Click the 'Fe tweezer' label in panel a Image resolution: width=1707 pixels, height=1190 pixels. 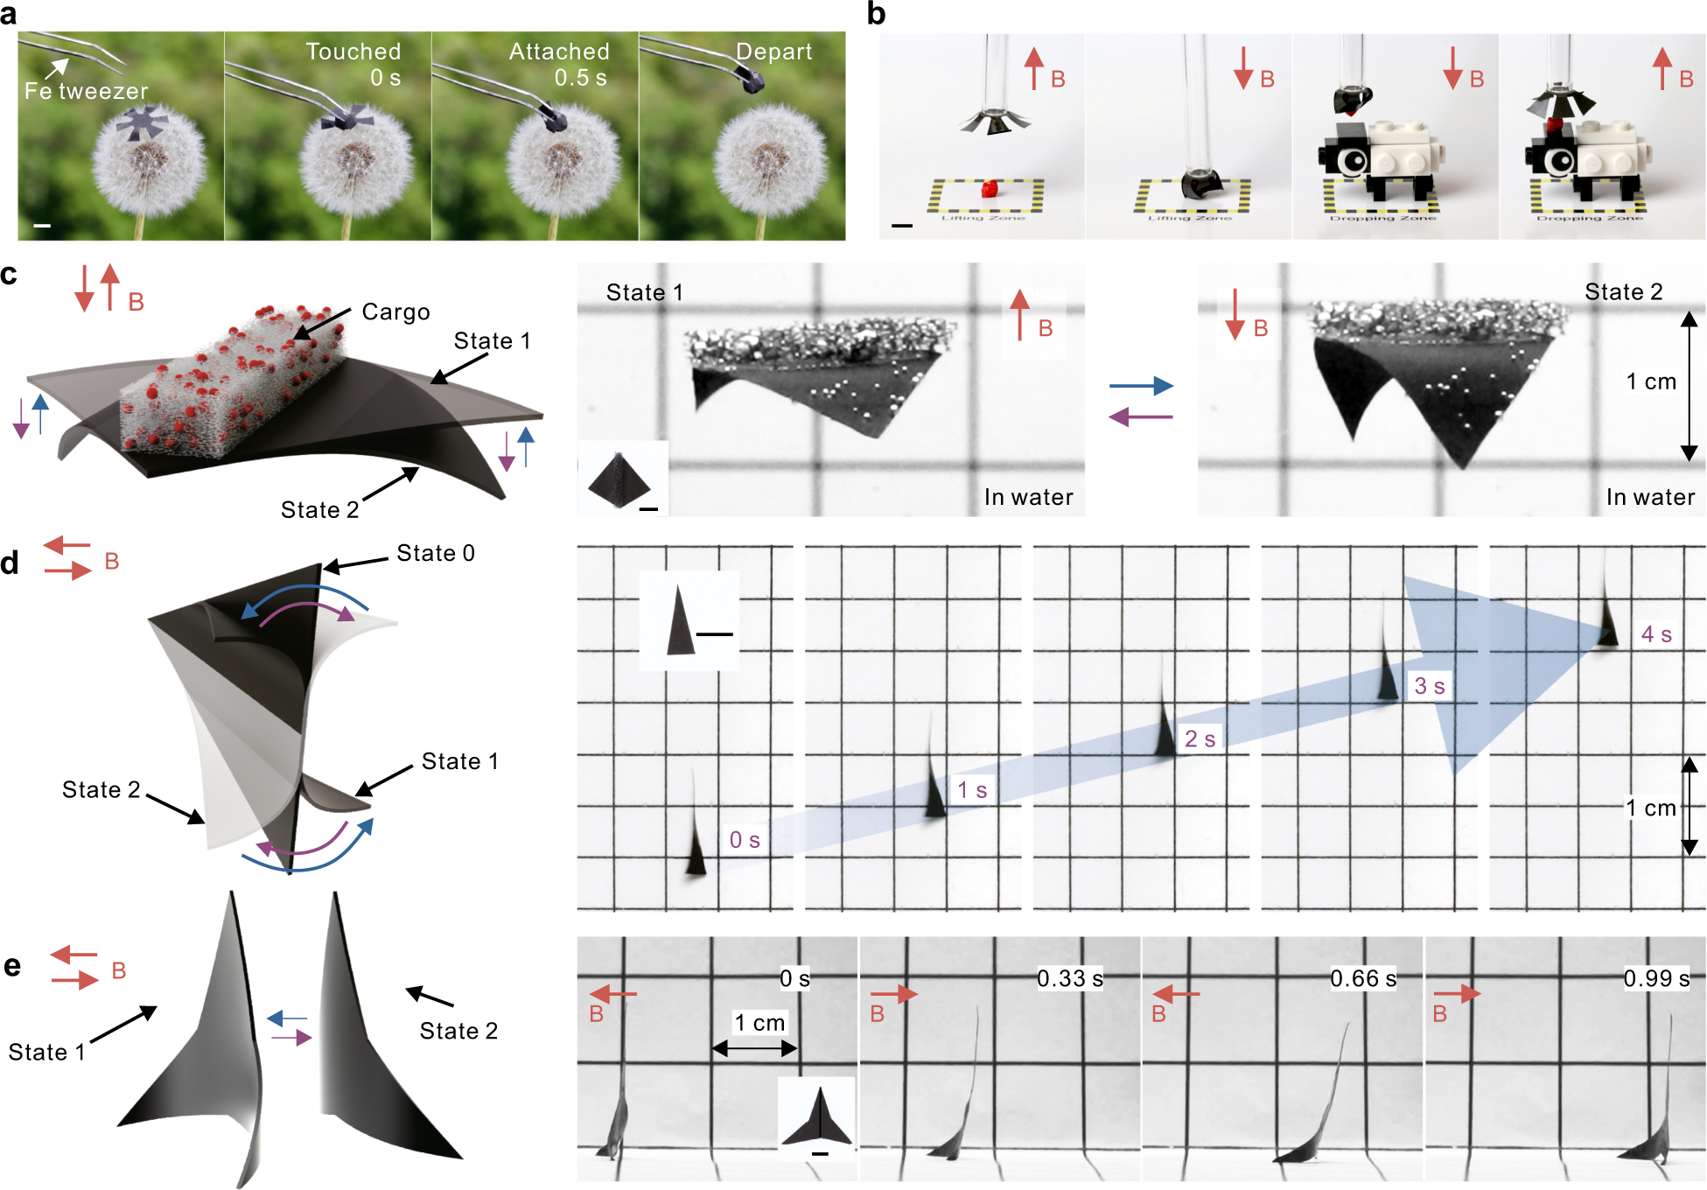tap(86, 91)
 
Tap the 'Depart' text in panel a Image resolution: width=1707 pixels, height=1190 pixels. tap(773, 52)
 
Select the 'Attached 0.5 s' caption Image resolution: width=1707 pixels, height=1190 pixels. tap(559, 65)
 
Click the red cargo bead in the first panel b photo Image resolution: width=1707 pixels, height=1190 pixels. tap(989, 189)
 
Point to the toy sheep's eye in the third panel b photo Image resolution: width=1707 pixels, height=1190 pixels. tap(1353, 160)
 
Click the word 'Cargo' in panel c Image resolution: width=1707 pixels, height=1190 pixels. tap(395, 312)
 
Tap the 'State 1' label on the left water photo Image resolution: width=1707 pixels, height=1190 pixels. tap(644, 292)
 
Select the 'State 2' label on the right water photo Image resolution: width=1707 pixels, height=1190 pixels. tap(1623, 292)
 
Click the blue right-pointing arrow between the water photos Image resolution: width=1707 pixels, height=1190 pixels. tap(1141, 385)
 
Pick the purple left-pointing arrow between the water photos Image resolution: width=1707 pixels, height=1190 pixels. tap(1141, 417)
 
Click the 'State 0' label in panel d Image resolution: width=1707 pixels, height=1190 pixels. tap(435, 553)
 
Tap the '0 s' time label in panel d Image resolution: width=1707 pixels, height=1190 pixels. tap(745, 840)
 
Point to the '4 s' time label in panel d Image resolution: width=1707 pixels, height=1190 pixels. tap(1656, 634)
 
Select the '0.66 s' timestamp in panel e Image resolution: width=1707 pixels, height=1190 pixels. tap(1362, 978)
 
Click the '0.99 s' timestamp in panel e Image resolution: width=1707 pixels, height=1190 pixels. tap(1656, 978)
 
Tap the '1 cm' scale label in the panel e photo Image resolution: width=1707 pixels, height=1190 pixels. tap(759, 1022)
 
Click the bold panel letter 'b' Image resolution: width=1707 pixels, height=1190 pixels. tap(876, 14)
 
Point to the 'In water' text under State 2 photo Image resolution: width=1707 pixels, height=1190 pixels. tap(1650, 497)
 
